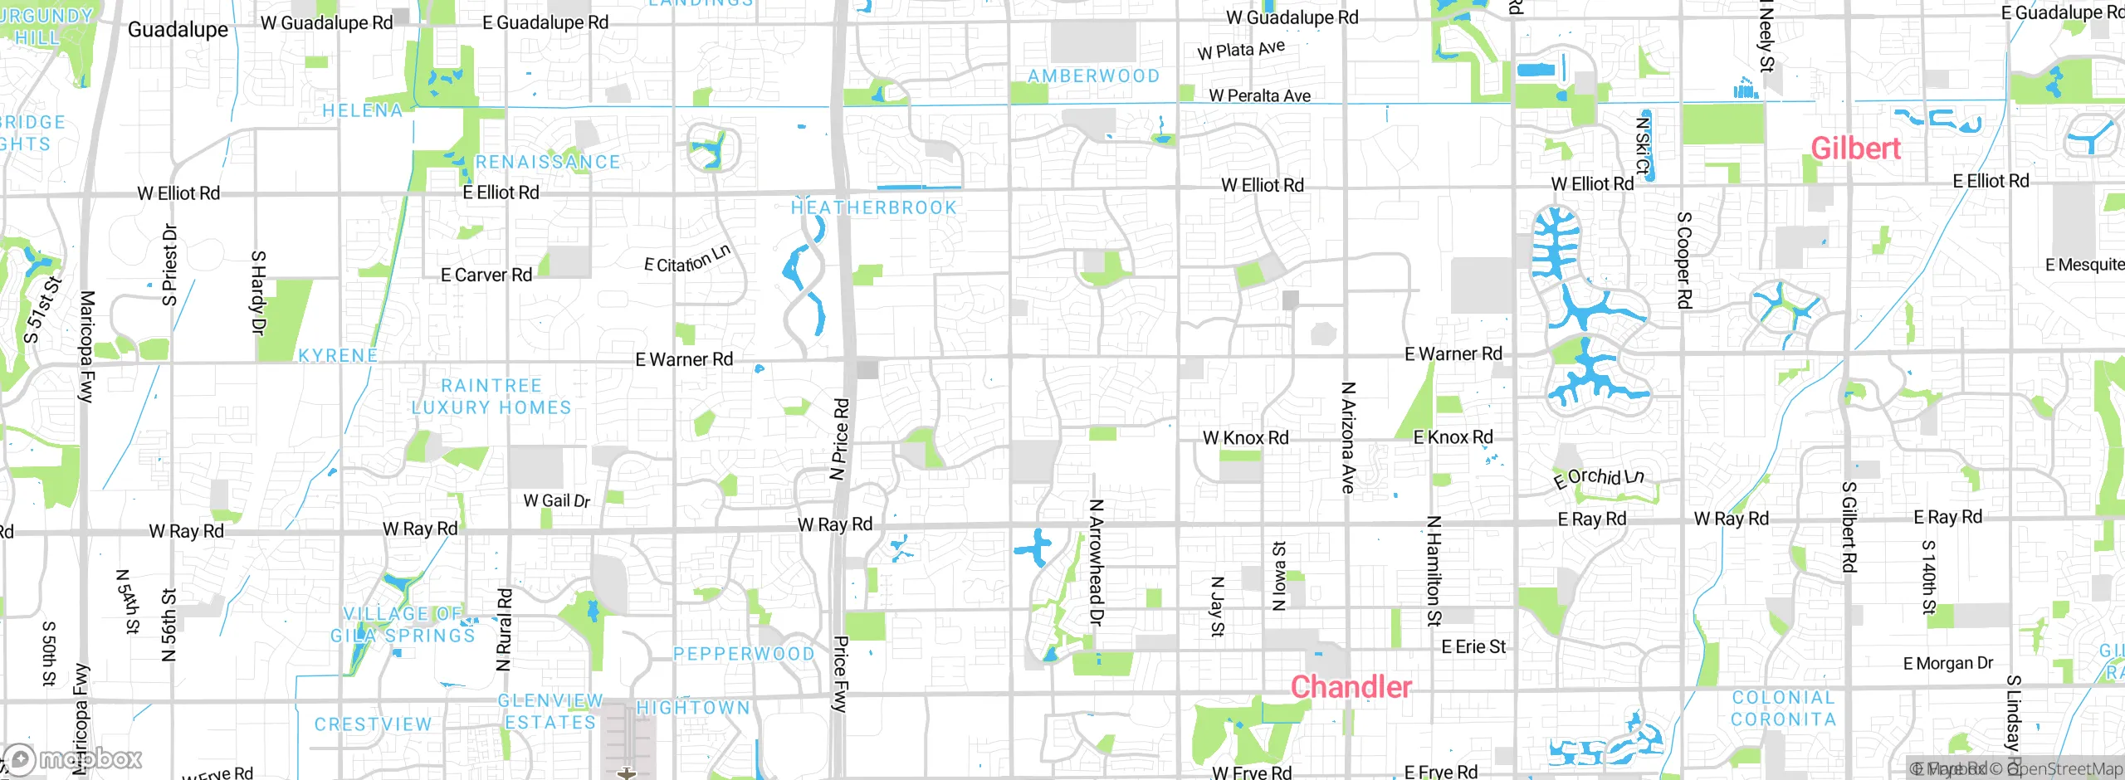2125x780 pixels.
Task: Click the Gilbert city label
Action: point(1855,149)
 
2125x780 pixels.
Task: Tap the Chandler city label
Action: point(1351,687)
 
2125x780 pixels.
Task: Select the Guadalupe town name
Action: point(178,30)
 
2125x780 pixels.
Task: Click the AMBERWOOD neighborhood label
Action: point(1093,76)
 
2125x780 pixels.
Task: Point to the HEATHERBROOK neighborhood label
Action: point(873,207)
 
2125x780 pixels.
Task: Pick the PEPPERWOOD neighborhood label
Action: point(744,654)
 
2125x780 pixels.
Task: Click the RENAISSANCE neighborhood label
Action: point(548,162)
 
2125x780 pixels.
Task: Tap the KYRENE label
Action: point(338,356)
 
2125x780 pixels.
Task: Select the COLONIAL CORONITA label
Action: point(1783,709)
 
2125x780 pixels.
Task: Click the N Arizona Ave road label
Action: point(1348,437)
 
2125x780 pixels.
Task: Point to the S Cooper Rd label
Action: point(1683,260)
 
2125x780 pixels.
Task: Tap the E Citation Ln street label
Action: point(687,259)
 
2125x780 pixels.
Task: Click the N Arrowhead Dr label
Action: point(1096,562)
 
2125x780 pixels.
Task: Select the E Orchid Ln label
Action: point(1598,477)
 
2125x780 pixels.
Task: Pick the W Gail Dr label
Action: point(556,500)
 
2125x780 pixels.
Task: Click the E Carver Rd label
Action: point(486,275)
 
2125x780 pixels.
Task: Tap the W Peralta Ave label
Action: point(1259,95)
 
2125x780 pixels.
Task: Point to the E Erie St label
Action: point(1473,646)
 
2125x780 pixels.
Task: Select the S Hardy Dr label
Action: point(258,292)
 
